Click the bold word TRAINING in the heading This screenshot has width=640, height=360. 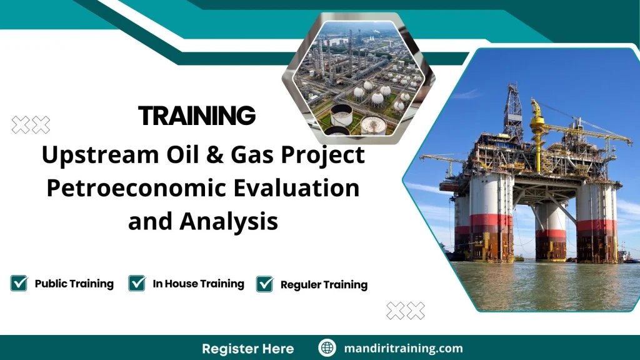[197, 116]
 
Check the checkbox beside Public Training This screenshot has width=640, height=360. [19, 283]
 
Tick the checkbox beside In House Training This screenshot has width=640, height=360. [137, 283]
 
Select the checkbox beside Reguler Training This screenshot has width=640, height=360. [265, 284]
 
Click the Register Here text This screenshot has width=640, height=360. [247, 348]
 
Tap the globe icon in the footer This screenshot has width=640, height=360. [327, 348]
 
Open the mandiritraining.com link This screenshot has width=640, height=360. [403, 348]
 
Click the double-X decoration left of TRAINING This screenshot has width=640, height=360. [31, 125]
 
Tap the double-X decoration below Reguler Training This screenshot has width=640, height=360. [406, 311]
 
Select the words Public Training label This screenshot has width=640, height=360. [74, 284]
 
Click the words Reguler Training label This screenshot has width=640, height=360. [324, 284]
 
